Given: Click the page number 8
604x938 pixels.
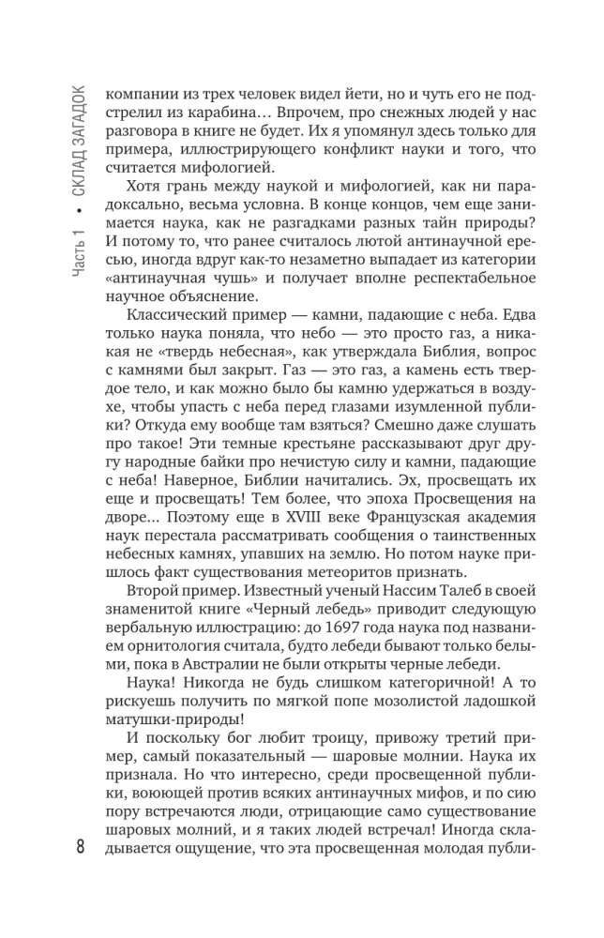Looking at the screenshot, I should [x=81, y=852].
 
